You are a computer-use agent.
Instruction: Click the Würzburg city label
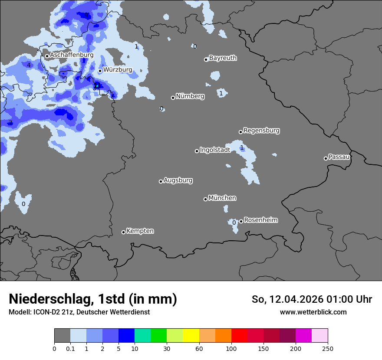118,70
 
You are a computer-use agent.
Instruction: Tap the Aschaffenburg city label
72,55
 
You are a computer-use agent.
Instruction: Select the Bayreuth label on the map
223,58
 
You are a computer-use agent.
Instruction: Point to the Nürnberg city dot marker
173,98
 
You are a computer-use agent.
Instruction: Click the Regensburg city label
261,131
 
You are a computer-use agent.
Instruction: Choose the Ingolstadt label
215,150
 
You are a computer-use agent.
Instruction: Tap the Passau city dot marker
326,158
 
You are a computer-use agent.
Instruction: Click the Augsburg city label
178,180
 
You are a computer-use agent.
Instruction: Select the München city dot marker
205,199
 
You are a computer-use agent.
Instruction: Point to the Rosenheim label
260,220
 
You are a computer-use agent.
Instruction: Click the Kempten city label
140,231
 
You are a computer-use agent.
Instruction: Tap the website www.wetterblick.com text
313,312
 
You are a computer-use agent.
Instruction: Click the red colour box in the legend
239,336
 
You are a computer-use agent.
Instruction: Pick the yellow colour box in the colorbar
191,336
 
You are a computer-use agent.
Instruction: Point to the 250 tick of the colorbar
328,348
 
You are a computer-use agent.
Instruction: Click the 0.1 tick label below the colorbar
70,348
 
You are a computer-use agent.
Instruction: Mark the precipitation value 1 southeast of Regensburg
242,148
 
